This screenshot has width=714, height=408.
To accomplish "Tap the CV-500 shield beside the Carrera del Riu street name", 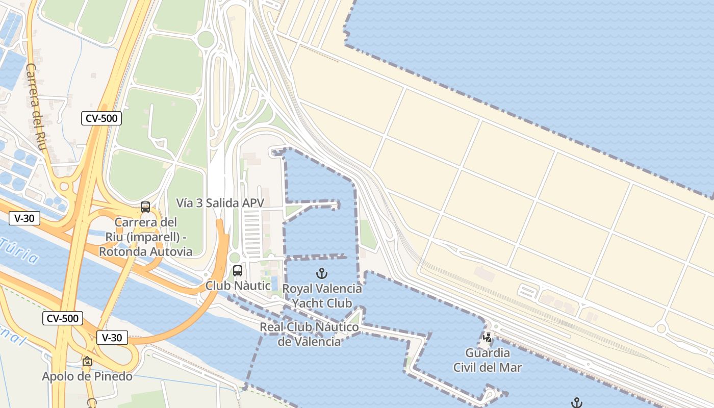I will pos(101,119).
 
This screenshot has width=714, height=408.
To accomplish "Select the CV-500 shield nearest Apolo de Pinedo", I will pos(62,319).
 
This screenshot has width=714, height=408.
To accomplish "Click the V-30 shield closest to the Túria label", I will pos(24,219).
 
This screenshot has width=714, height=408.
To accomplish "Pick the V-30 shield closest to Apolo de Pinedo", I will pos(112,338).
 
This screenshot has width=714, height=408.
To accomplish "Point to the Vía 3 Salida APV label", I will pos(220,203).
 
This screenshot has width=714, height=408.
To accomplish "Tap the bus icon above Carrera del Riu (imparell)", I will pos(145,207).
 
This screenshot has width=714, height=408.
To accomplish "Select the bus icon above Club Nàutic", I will pos(238,271).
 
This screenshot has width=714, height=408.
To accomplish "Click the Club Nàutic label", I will pos(238,286).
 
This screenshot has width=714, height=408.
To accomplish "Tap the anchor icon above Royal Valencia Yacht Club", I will pos(321,273).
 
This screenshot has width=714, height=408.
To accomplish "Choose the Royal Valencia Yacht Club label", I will pos(322,296).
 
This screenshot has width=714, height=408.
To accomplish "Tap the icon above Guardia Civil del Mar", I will pos(488,337).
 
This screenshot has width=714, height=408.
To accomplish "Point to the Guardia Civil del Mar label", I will pos(488,360).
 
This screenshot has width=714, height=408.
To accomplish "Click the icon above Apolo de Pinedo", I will pos(87,362).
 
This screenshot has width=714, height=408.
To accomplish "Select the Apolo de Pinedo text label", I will pos(87,377).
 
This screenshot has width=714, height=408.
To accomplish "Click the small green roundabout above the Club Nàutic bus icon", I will pos(235,258).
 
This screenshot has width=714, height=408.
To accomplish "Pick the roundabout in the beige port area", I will pos(661,328).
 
